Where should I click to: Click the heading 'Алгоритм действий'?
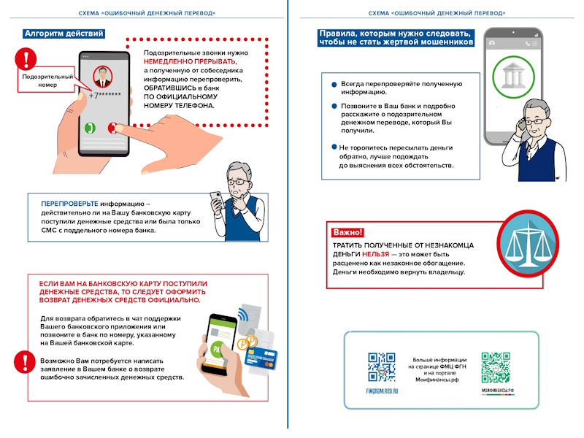click(x=64, y=34)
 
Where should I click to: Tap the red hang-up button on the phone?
click(x=112, y=128)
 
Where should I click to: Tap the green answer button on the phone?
click(x=90, y=128)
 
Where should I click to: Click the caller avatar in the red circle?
click(x=102, y=77)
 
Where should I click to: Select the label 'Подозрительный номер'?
click(x=47, y=80)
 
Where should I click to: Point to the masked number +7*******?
click(x=104, y=95)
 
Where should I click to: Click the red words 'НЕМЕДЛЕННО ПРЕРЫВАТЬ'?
click(x=191, y=61)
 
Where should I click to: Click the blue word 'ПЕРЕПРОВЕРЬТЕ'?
click(x=69, y=204)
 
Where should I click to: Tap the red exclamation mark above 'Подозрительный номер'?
click(x=26, y=58)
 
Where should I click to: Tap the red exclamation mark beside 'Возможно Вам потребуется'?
click(x=25, y=361)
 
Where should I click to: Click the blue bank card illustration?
click(x=261, y=358)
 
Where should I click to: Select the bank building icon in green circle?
click(x=513, y=77)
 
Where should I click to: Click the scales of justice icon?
click(x=528, y=244)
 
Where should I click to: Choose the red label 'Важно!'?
click(x=347, y=232)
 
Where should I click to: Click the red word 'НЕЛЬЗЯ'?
click(x=375, y=254)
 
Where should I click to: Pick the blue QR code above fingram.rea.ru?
click(x=382, y=367)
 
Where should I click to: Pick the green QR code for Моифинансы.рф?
click(x=496, y=367)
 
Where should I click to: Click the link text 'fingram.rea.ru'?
click(x=382, y=391)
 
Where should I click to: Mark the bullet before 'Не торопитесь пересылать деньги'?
click(x=334, y=147)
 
